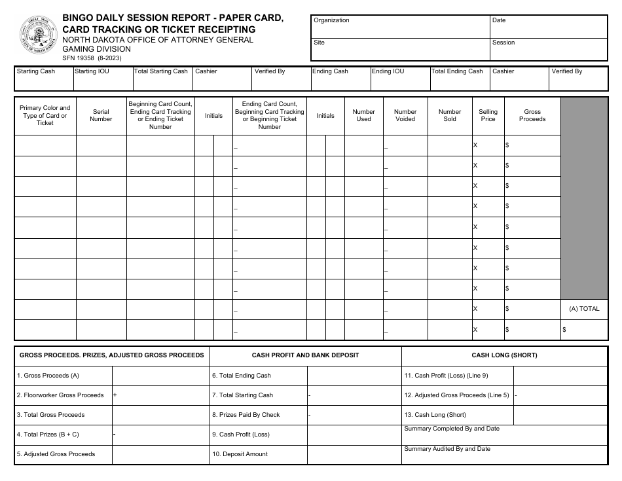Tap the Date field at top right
pos(549,27)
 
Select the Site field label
pos(319,43)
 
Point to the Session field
pos(549,49)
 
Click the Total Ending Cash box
pos(459,78)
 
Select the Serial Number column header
pos(101,116)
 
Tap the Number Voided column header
pos(405,116)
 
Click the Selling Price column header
pos(488,116)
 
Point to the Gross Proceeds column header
pos(532,116)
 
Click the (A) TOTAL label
pos(584,309)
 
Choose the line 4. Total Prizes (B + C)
pos(48,435)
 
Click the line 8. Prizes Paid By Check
pos(246,415)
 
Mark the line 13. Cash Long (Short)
pos(435,415)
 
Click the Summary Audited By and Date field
pos(504,455)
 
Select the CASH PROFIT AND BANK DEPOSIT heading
pos(305,355)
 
